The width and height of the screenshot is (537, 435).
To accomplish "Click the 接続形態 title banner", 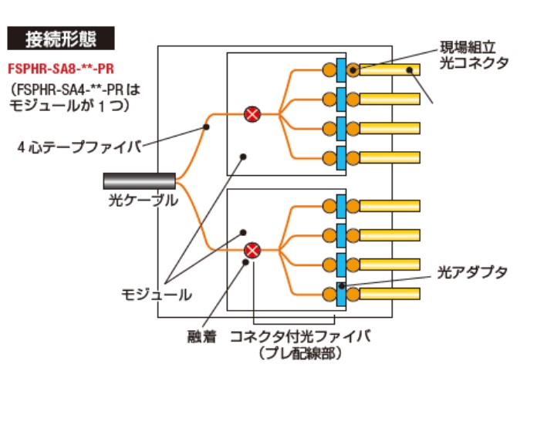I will [60, 38].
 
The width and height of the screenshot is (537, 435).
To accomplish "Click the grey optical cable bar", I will [139, 180].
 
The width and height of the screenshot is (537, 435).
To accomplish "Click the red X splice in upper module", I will [252, 114].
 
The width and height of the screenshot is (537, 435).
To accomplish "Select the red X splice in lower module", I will [252, 249].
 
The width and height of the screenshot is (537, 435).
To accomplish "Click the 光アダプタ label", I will [473, 272].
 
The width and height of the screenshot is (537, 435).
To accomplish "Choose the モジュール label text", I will [157, 294].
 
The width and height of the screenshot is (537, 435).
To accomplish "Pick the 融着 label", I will [201, 336].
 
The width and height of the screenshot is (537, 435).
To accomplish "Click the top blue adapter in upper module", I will [339, 70].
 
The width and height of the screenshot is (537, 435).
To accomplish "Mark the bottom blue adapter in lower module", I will [339, 294].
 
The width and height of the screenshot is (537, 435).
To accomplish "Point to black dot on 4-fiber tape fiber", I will [206, 126].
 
